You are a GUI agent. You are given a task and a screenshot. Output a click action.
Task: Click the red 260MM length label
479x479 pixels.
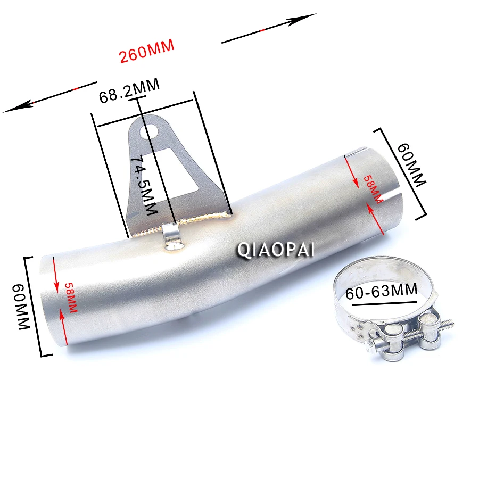[147, 51]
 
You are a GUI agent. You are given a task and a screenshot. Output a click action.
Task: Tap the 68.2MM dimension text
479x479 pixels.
[129, 90]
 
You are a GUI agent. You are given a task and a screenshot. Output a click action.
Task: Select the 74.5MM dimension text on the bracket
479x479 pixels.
[144, 185]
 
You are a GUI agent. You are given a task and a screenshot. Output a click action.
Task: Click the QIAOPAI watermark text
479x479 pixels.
[276, 250]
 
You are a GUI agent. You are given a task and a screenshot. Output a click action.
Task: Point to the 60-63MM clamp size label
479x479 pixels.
[382, 292]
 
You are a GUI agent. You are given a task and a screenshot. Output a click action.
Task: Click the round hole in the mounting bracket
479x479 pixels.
[149, 131]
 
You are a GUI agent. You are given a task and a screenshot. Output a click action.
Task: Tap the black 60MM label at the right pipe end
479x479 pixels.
[411, 164]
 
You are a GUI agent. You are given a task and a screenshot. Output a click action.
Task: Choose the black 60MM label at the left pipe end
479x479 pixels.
[21, 307]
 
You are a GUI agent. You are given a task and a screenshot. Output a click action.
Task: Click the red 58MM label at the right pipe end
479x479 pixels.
[373, 189]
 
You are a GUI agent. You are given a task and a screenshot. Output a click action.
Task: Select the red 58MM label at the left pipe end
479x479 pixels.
[71, 298]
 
